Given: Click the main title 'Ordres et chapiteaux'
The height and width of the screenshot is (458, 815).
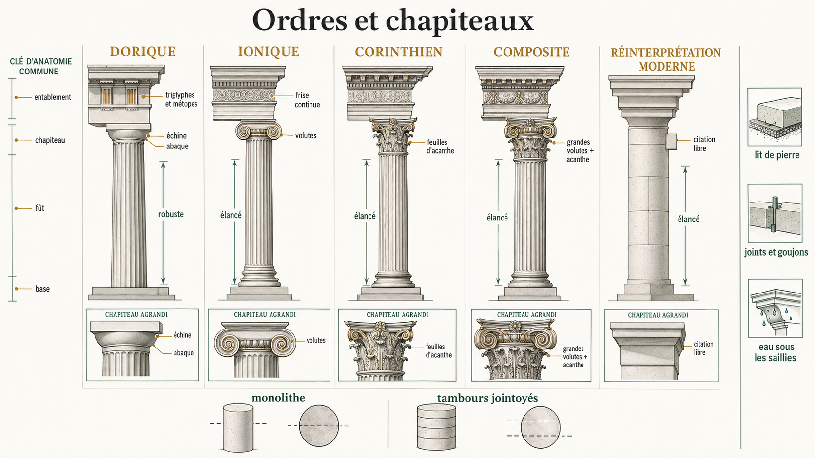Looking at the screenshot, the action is click(393, 20).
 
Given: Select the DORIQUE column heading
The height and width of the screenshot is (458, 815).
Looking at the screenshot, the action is click(143, 52).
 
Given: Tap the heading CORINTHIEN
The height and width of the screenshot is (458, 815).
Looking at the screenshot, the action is click(399, 52).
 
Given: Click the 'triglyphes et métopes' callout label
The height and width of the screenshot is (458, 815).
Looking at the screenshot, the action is click(181, 99).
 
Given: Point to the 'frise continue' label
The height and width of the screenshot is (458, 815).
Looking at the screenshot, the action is click(308, 100).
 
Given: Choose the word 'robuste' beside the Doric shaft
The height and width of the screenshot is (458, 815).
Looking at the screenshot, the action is click(171, 214).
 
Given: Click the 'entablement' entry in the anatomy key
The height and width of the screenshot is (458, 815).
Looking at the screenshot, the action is click(53, 97).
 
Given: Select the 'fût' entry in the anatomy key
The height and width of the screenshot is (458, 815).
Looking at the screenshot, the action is click(39, 208).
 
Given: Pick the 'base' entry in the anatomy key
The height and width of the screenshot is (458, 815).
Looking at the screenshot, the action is click(42, 289).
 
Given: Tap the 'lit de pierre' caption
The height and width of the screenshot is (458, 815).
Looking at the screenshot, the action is click(777, 155).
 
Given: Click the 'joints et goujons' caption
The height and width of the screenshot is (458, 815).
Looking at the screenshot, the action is click(776, 252).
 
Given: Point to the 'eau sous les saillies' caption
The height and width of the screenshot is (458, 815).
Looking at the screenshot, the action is click(775, 352).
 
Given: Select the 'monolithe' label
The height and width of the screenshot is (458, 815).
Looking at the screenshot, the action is click(278, 397).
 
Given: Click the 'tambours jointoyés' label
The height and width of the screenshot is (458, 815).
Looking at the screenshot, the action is click(487, 398).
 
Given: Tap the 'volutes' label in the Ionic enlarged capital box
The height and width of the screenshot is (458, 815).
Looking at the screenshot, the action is click(316, 340).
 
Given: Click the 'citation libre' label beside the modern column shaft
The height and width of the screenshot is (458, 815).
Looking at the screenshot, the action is click(704, 144).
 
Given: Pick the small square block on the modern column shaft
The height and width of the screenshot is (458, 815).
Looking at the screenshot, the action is click(671, 142).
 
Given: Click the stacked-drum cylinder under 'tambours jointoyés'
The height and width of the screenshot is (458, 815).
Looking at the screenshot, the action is click(436, 427).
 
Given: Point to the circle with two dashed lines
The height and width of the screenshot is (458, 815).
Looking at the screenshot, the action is click(540, 427).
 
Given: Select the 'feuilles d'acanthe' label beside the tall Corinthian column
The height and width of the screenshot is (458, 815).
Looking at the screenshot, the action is click(440, 147).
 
